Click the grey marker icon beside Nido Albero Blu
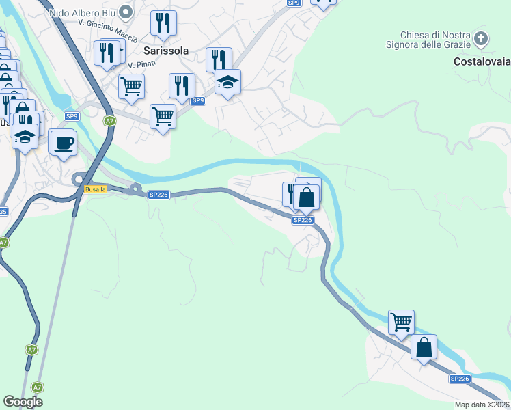125,11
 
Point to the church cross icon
482,38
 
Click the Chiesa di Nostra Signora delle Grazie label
435,40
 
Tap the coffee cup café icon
64,143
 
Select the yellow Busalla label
95,189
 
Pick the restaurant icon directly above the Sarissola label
163,23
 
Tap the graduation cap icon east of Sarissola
227,82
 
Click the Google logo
23,402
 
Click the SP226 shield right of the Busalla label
158,195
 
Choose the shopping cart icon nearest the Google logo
163,116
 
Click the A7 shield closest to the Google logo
37,387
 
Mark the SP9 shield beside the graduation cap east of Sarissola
197,101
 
